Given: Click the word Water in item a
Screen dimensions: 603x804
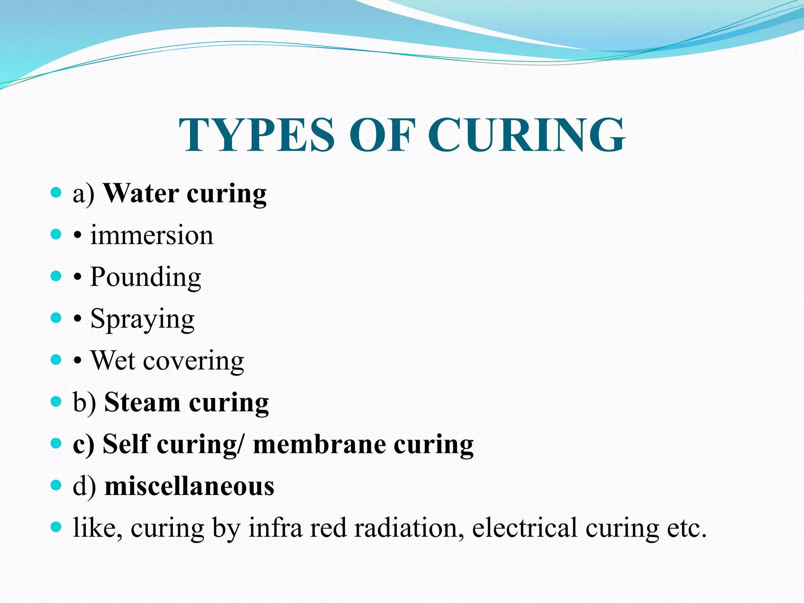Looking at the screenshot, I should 141,194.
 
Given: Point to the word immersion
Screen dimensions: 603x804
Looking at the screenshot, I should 152,236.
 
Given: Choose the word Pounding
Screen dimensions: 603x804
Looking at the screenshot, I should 146,277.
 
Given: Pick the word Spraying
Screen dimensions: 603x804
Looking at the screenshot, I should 143,320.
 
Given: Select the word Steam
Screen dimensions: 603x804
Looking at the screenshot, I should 142,402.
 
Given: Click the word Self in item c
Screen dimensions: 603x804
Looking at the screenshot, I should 126,444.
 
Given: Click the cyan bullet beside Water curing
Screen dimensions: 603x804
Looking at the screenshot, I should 56,192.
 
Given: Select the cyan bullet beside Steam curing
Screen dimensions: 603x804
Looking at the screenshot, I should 56,402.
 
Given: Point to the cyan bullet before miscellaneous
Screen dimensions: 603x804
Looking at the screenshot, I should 56,485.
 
